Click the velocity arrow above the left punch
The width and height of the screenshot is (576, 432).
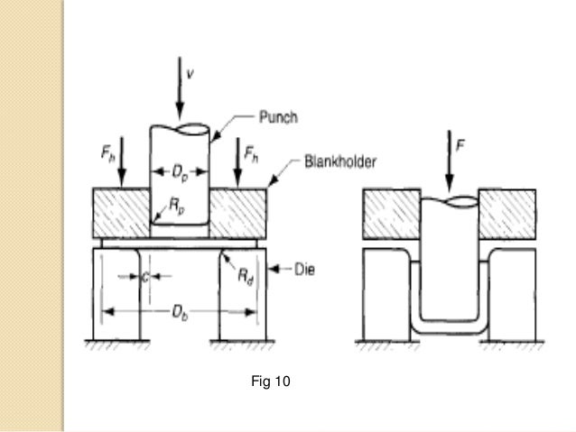pyautogui.click(x=181, y=91)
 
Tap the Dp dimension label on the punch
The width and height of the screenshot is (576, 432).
pyautogui.click(x=181, y=170)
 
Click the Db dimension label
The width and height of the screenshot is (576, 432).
pyautogui.click(x=181, y=310)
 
